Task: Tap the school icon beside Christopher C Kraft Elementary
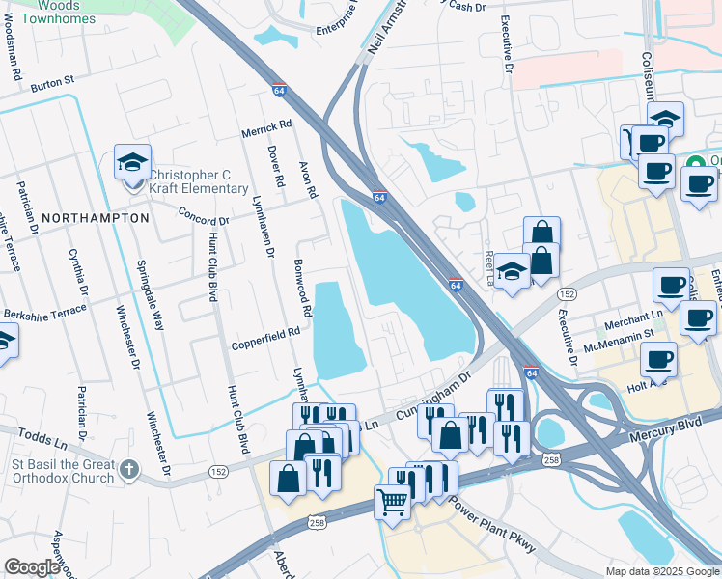click(x=133, y=162)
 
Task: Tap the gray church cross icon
click(x=130, y=471)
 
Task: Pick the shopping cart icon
click(x=392, y=501)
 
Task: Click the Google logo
click(x=32, y=567)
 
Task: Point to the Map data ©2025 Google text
click(x=661, y=571)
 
